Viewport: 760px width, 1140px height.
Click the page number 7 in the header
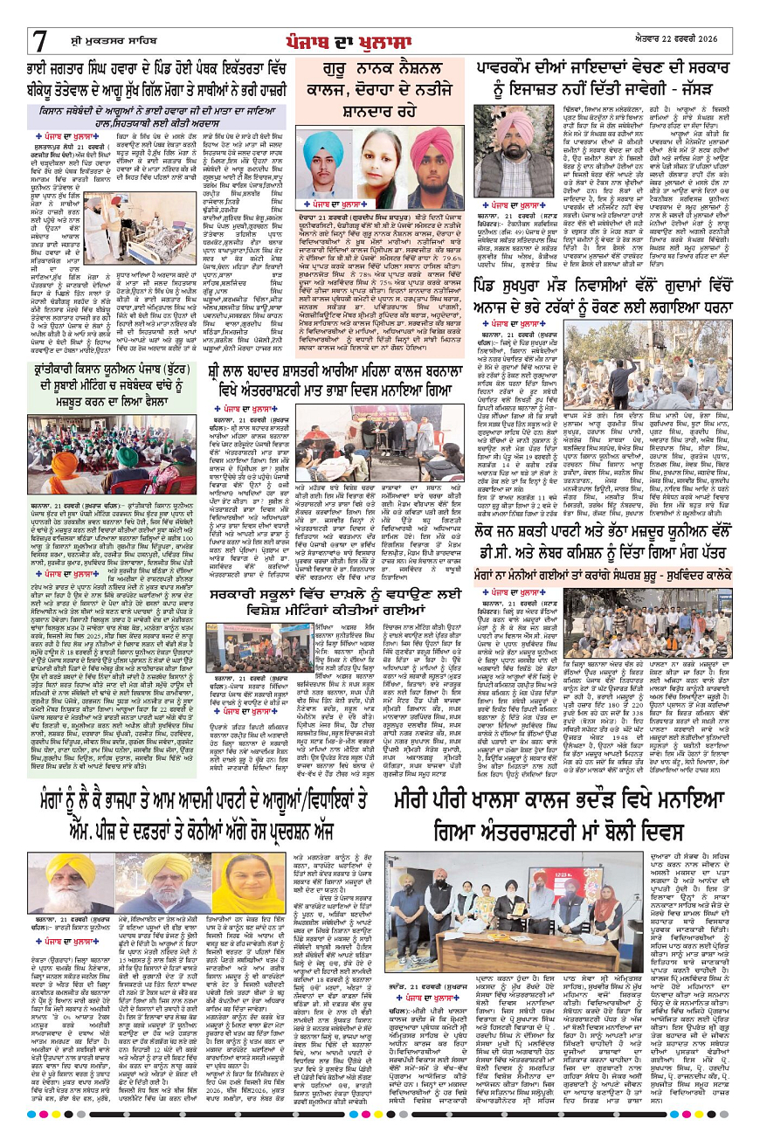coord(41,40)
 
